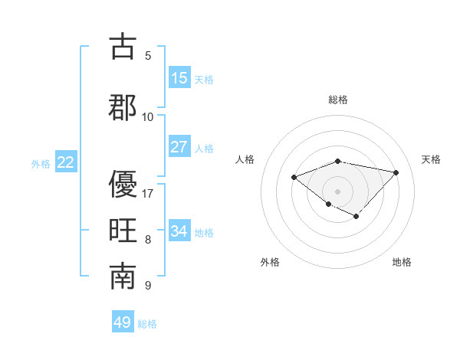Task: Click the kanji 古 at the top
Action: point(123,47)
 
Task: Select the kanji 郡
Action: point(123,108)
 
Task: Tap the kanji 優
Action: point(123,184)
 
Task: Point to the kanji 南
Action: point(123,277)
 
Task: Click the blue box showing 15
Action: point(179,78)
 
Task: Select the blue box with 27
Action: point(179,147)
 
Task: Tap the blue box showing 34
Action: point(179,231)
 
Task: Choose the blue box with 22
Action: point(65,162)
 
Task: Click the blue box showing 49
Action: point(123,322)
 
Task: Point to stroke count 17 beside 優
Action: point(148,194)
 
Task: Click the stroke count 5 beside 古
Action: point(148,56)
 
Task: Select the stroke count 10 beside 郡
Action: point(148,117)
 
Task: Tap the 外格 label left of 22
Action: point(41,163)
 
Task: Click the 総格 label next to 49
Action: point(147,324)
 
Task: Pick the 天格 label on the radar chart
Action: point(431,159)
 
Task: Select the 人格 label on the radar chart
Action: point(245,159)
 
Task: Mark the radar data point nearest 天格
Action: point(396,172)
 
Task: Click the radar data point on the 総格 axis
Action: point(338,161)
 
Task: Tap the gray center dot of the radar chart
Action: point(338,191)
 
